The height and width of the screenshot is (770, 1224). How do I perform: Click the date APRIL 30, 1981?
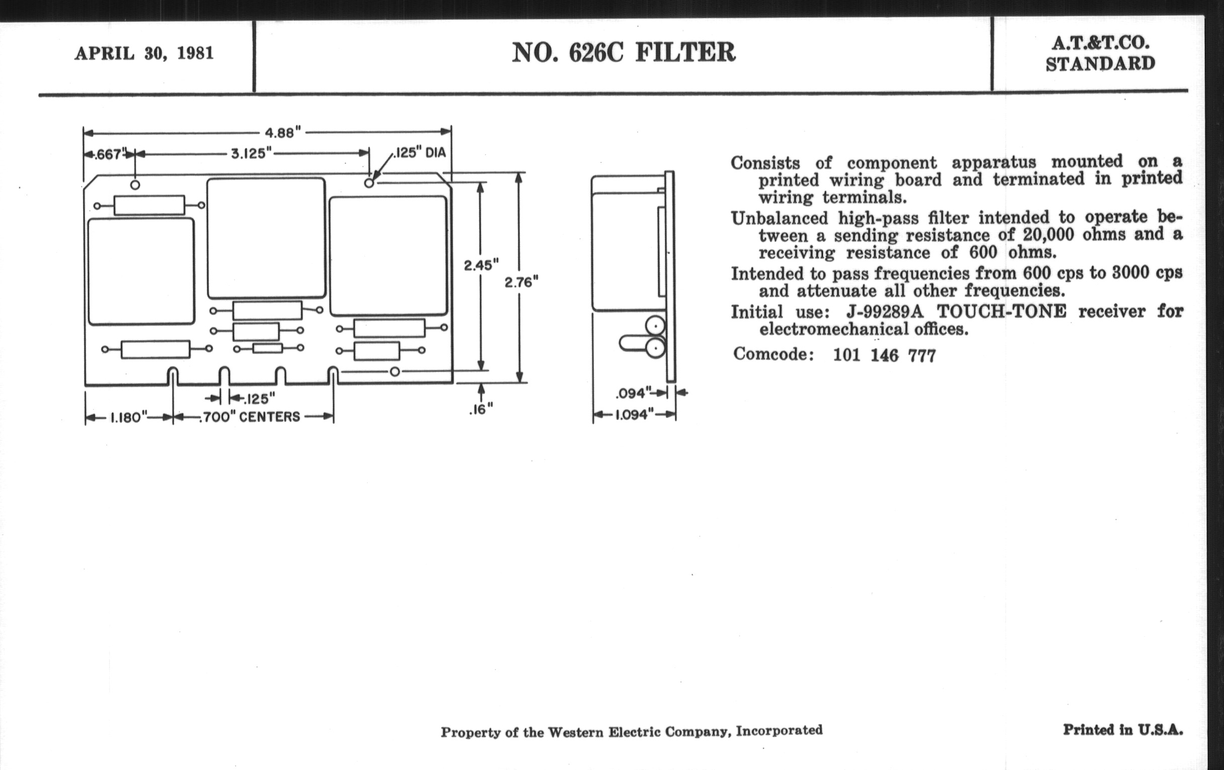(x=144, y=53)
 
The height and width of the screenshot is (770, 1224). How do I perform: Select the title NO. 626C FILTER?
(x=624, y=52)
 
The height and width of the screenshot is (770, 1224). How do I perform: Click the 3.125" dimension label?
(x=252, y=153)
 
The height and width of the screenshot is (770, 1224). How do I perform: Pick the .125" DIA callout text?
(x=419, y=152)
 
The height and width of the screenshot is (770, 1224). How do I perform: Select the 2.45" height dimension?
(x=481, y=265)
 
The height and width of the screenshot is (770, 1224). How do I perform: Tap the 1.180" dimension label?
(x=129, y=417)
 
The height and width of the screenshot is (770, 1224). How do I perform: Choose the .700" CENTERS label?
(x=250, y=417)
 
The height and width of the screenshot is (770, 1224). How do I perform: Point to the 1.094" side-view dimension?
(x=634, y=415)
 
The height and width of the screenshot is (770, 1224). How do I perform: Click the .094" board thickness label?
(x=633, y=393)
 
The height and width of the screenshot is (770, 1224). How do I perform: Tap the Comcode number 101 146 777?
(x=884, y=355)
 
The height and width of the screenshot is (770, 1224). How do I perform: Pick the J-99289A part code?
(x=885, y=311)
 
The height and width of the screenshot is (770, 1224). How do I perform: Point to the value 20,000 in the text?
(x=1048, y=235)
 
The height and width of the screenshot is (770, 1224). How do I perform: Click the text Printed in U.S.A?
(x=1123, y=730)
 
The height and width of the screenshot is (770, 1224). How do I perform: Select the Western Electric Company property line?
(x=631, y=731)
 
